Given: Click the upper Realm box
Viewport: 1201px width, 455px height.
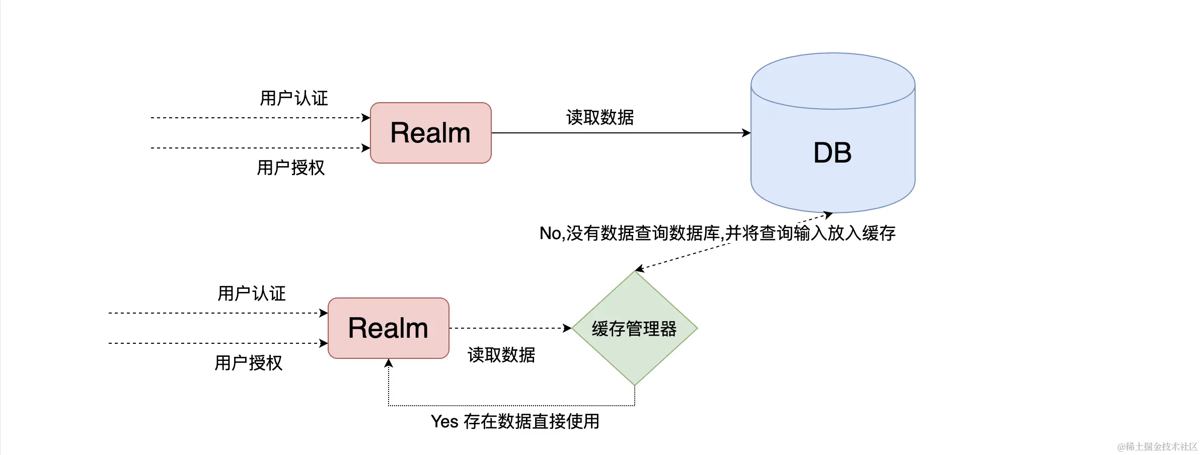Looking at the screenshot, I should (x=430, y=133).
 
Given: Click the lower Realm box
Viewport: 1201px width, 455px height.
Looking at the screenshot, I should (x=388, y=328).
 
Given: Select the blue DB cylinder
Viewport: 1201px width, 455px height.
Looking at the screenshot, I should (x=833, y=151).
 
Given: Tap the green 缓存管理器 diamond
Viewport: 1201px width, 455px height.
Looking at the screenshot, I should (x=634, y=329).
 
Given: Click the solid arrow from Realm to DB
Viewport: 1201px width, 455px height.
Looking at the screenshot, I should (x=619, y=133).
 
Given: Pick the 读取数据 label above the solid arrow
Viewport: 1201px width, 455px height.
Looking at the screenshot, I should (x=600, y=117).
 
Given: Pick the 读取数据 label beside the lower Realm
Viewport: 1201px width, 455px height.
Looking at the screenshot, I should (x=501, y=355).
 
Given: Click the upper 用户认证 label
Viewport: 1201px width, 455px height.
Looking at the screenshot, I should (x=294, y=98).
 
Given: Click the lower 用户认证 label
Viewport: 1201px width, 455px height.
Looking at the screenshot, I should (x=252, y=293).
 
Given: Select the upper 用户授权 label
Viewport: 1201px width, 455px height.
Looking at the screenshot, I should (x=291, y=168).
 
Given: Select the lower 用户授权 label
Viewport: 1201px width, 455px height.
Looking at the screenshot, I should (x=249, y=363).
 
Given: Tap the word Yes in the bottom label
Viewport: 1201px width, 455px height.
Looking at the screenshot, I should (x=444, y=421).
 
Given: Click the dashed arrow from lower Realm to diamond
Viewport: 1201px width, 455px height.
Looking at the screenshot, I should (x=508, y=328).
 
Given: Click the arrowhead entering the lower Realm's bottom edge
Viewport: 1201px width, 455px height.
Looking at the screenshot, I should (x=389, y=363).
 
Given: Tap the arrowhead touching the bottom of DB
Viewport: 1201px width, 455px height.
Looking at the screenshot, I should (x=828, y=215).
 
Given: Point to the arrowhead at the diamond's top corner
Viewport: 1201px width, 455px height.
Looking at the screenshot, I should (x=640, y=269).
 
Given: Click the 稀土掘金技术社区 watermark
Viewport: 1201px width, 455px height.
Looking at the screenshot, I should (x=1157, y=446).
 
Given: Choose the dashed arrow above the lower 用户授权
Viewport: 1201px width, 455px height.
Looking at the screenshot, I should (x=216, y=343).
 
